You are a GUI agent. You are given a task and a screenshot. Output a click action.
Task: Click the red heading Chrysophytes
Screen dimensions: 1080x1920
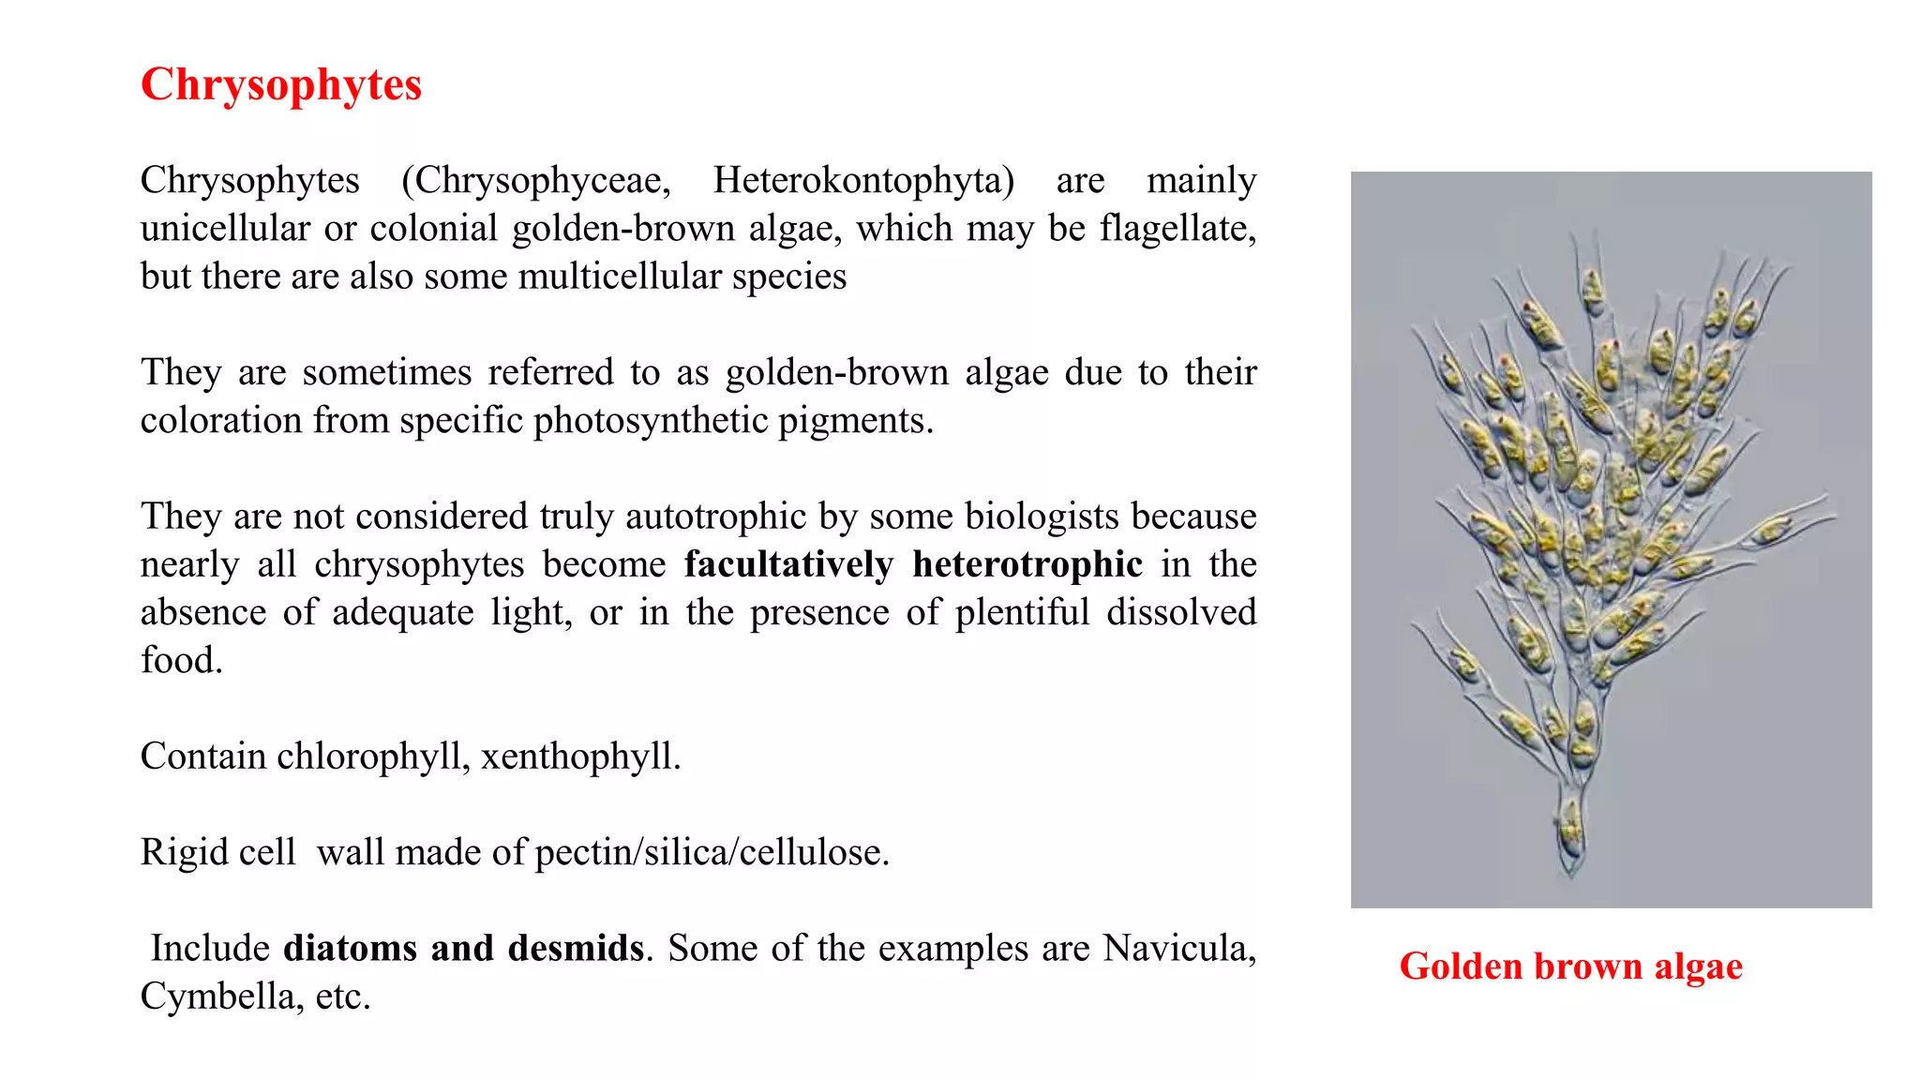coord(280,85)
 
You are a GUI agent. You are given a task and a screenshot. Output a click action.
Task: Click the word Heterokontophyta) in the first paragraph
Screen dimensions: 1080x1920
coord(863,180)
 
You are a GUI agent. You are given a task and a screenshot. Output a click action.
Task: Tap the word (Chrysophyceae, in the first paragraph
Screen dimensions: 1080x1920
coord(535,180)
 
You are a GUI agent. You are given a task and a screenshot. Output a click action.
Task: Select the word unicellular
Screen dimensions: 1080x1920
coord(225,228)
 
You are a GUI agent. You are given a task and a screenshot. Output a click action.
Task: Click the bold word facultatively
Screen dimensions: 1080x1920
coord(788,564)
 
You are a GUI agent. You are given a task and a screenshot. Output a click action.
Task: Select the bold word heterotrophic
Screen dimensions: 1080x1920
coord(1027,564)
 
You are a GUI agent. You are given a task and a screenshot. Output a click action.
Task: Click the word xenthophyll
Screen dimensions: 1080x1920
coord(580,756)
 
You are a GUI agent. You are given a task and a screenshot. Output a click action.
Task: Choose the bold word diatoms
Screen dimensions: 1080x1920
coord(350,948)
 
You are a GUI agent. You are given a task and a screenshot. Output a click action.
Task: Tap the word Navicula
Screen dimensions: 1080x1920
coord(1178,948)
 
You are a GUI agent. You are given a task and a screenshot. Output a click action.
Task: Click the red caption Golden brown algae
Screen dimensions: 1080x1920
coord(1570,966)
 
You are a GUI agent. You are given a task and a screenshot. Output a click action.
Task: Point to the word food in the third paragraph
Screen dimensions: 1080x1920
coord(181,660)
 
